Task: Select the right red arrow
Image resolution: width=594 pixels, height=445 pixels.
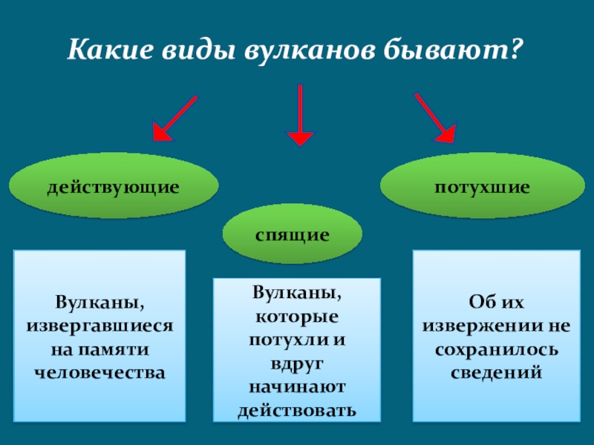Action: coord(434,118)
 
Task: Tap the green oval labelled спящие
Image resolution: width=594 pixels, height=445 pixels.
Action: coord(293,234)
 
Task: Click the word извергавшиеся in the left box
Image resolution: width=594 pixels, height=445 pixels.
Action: coord(99,326)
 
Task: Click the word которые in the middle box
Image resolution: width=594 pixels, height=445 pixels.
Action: coord(296,317)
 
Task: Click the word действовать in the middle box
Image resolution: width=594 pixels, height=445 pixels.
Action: coord(296,409)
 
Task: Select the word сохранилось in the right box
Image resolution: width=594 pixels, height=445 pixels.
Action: coord(496,348)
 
